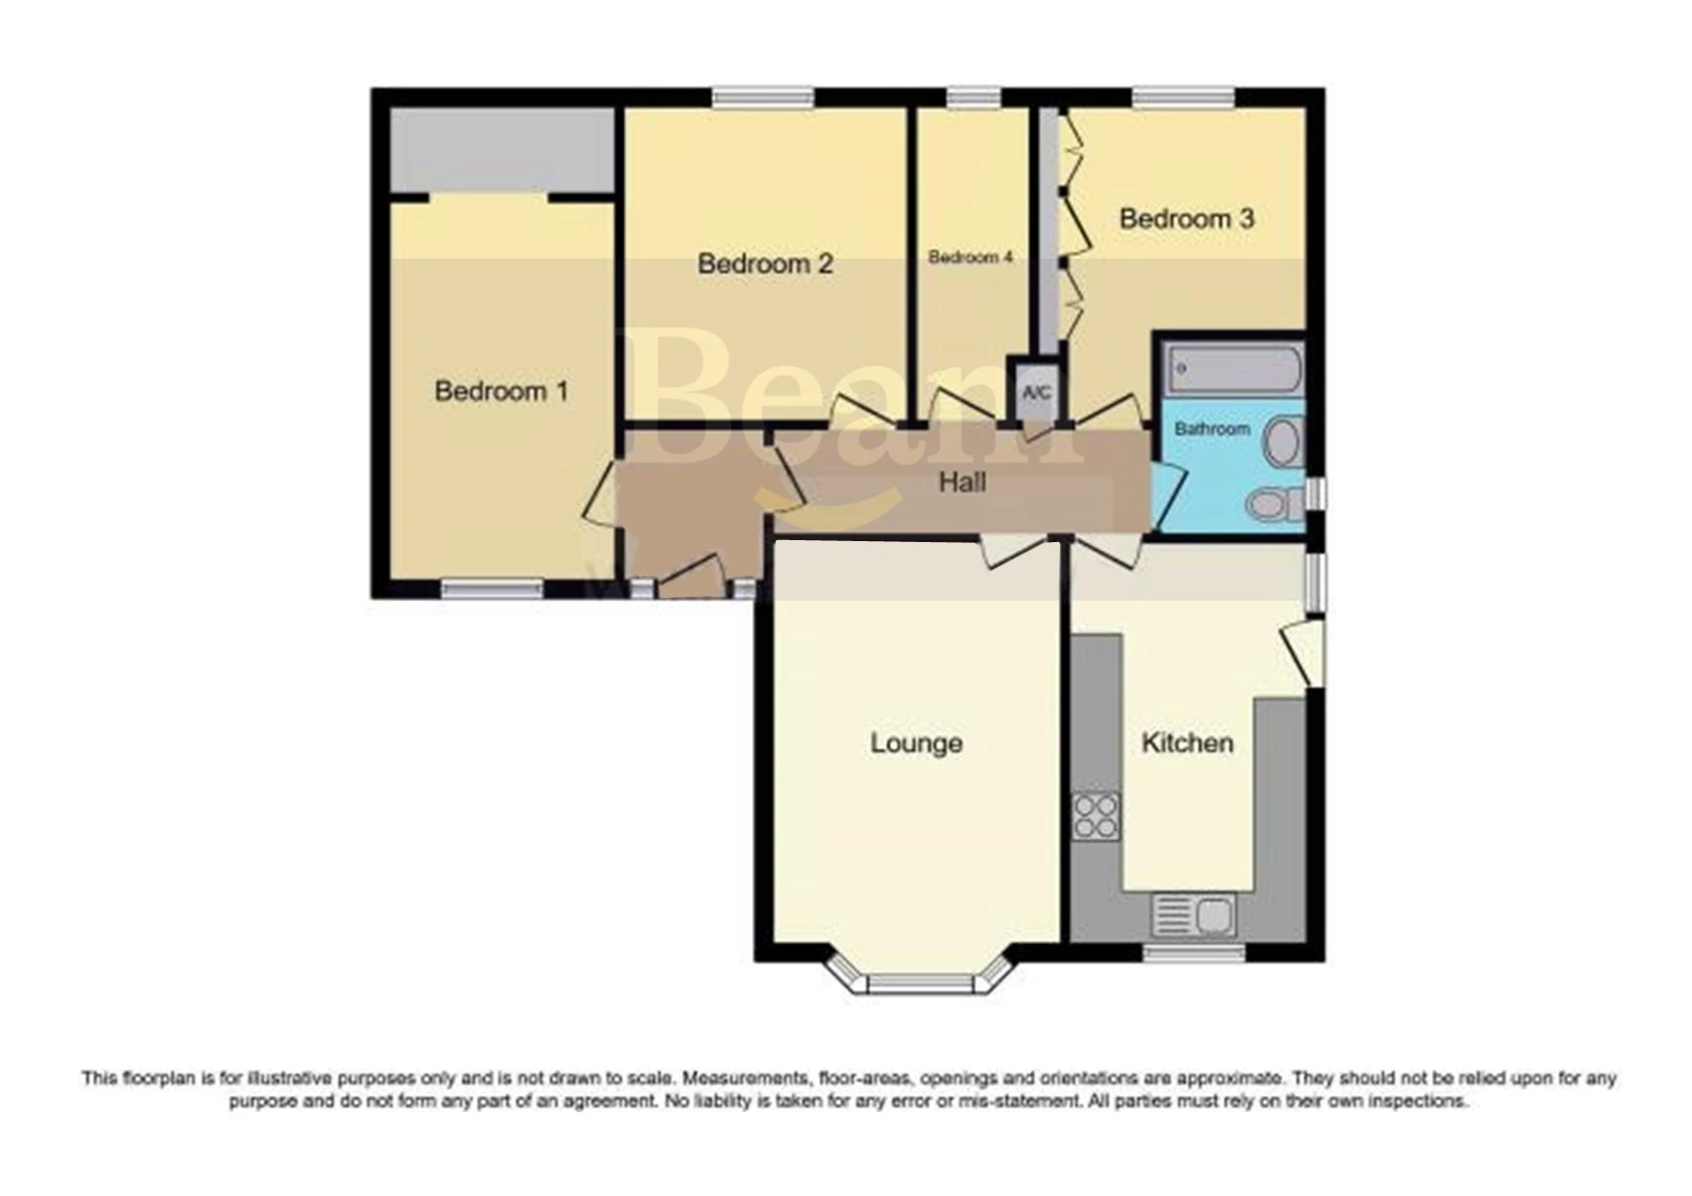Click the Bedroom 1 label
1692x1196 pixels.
click(x=501, y=392)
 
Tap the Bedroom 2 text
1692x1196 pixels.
click(x=765, y=263)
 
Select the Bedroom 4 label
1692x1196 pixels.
click(x=970, y=258)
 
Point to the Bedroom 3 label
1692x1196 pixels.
click(x=1187, y=219)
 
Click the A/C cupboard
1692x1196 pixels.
click(x=1036, y=393)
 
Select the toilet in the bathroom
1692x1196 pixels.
click(x=1271, y=503)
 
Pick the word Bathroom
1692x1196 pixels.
click(x=1212, y=428)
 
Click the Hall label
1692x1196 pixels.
click(x=962, y=482)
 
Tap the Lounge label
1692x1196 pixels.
click(x=916, y=744)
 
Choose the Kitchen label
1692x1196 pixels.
click(x=1187, y=744)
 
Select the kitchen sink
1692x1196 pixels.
click(x=1194, y=914)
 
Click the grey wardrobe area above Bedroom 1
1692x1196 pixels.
click(x=503, y=150)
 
